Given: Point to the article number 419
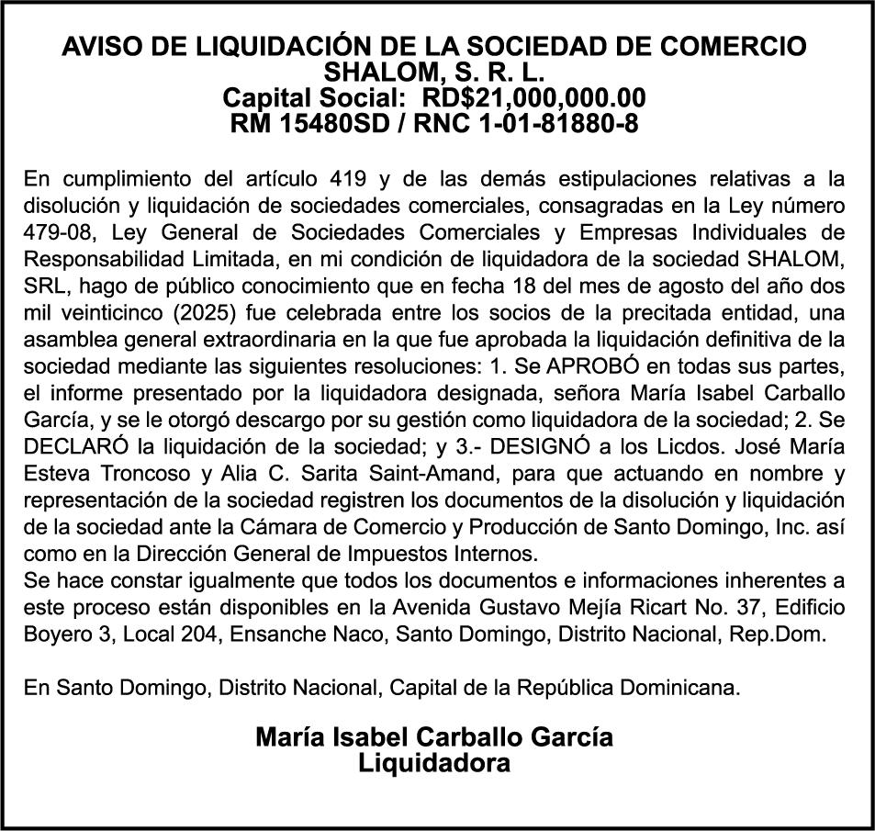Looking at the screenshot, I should point(388,177).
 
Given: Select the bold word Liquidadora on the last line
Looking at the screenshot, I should point(434,762).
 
